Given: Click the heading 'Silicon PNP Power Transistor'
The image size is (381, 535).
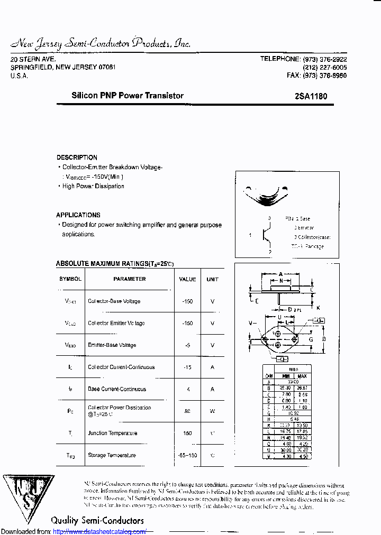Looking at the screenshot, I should pos(128,96).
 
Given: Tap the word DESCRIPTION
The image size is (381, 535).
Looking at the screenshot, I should pos(77,158).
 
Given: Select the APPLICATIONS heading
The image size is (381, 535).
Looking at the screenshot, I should pos(78,215).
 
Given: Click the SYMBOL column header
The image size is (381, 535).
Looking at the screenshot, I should pos(70,279).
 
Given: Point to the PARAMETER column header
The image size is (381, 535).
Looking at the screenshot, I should pos(129,279).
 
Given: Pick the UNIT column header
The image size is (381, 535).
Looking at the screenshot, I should pos(212,279).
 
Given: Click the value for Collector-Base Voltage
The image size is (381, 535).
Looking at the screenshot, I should pos(187,301).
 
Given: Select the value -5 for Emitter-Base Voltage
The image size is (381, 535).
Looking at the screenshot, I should pos(187,345).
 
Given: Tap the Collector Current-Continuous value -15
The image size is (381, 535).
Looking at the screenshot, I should pos(187,367).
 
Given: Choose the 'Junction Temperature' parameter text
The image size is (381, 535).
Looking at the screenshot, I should pos(112,433).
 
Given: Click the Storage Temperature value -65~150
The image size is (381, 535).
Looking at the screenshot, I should pos(187,455).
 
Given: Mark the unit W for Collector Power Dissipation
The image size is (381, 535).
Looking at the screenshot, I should pos(212,411).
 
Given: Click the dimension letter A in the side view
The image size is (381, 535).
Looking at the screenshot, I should pos(280,274).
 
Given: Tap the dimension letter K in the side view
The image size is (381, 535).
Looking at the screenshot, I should pos(318,308).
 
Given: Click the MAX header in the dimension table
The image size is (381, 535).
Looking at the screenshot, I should pos(302,376).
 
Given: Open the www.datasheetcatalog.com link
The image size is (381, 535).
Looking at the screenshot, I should pos(100,531).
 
